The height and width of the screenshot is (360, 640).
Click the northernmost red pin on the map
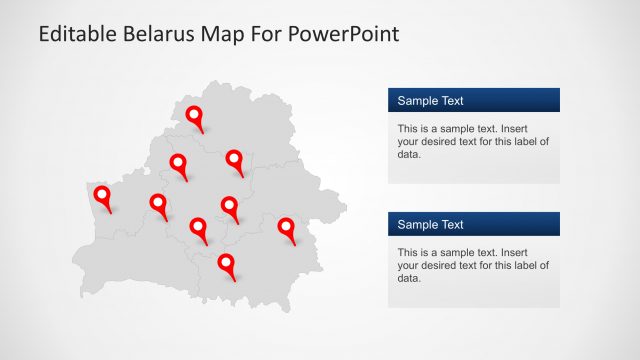coord(195,117)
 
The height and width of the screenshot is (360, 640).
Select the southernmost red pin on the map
coord(227,264)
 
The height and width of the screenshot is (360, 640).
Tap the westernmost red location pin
coord(101,196)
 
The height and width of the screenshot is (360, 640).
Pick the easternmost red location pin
coord(287,228)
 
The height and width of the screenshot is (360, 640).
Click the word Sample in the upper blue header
coord(417,101)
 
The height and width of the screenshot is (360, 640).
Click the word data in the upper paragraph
coord(408,155)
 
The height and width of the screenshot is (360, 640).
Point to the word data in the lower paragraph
coord(408,279)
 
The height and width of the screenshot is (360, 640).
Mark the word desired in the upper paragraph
coord(438,142)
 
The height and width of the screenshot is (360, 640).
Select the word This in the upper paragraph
coord(407,129)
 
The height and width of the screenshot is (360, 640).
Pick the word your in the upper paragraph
coord(408,142)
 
